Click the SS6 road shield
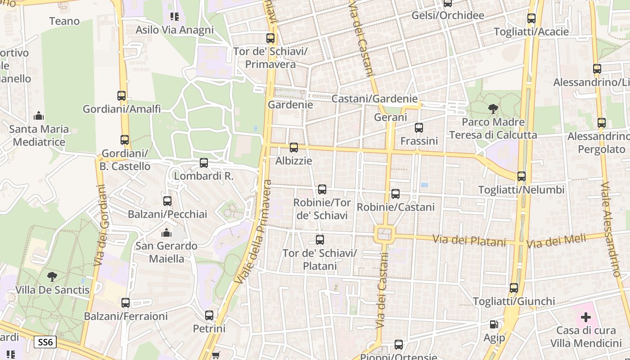coord(45,342)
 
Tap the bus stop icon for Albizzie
coord(294,147)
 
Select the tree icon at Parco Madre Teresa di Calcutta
coord(493,108)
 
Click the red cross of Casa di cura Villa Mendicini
coord(585,317)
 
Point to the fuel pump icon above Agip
coord(494,324)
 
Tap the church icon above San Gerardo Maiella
coord(166,233)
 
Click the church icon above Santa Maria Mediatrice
coord(39,116)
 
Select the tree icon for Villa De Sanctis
coord(52,276)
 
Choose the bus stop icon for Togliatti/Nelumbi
coord(522,176)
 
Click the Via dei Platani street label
coord(469,241)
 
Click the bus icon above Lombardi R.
coord(204,163)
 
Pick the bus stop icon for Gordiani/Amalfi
coord(121,96)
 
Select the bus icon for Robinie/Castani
coord(396,194)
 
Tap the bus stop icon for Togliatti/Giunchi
coord(514,288)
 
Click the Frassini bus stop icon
coord(419,128)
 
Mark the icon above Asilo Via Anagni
coord(175,17)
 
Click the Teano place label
coord(64,21)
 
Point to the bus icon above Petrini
coord(209,315)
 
